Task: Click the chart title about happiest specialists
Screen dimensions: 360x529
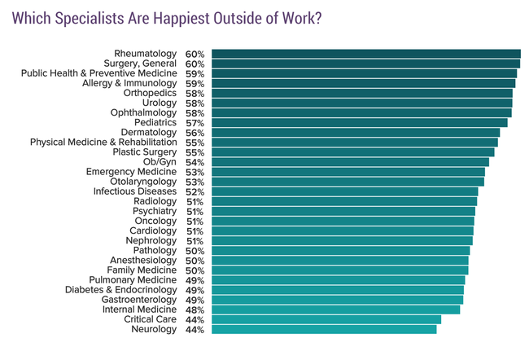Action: pyautogui.click(x=166, y=19)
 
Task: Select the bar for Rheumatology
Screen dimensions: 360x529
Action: pyautogui.click(x=365, y=54)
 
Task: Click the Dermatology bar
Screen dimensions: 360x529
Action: pyautogui.click(x=356, y=132)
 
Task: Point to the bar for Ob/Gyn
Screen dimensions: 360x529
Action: pyautogui.click(x=350, y=162)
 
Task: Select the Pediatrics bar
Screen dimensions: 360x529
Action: pyautogui.click(x=359, y=122)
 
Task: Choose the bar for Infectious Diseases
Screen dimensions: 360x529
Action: pyautogui.click(x=344, y=191)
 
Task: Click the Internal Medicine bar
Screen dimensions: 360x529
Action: pyautogui.click(x=335, y=310)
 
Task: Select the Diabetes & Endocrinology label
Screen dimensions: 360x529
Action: pyautogui.click(x=120, y=290)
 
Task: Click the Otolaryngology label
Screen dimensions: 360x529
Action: pyautogui.click(x=135, y=182)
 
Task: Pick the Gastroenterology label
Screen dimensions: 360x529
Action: pyautogui.click(x=138, y=300)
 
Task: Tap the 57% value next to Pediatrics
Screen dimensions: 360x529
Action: pyautogui.click(x=195, y=122)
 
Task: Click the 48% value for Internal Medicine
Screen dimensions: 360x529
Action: pyautogui.click(x=195, y=310)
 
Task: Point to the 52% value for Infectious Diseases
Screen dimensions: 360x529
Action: pyautogui.click(x=195, y=191)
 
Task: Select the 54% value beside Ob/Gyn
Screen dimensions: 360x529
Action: pyautogui.click(x=195, y=162)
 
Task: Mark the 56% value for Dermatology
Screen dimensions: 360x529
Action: pyautogui.click(x=195, y=132)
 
